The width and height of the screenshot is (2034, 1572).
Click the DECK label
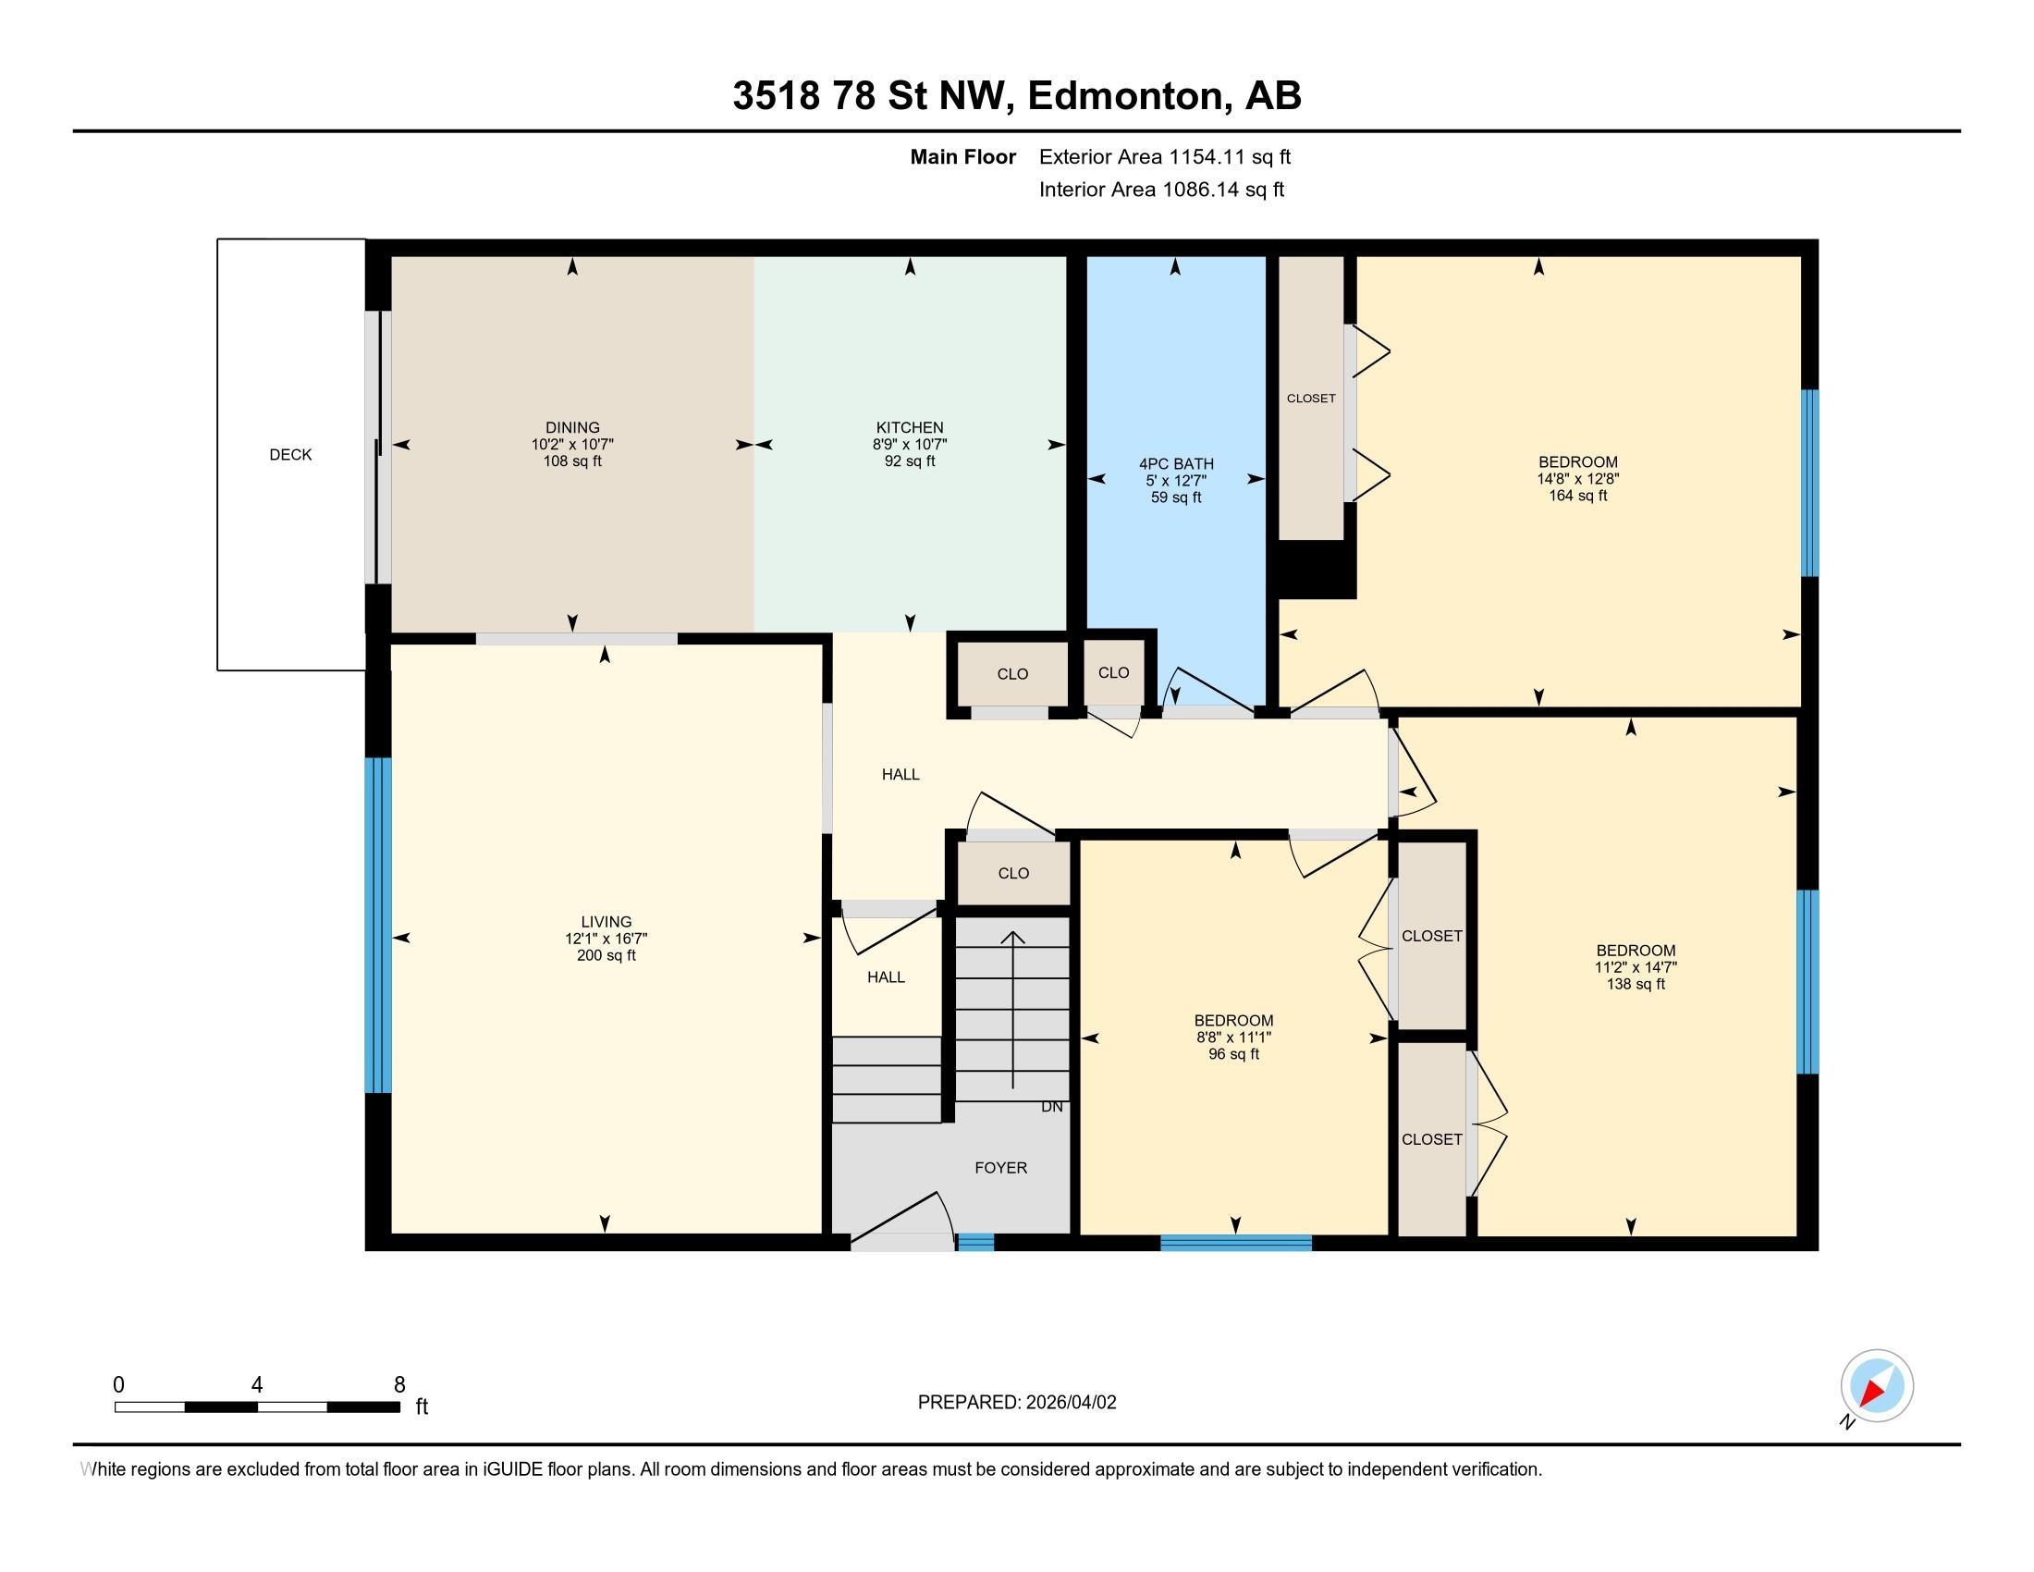click(289, 454)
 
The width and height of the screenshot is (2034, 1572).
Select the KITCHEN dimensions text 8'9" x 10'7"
click(909, 445)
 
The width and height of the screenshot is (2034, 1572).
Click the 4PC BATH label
click(1175, 464)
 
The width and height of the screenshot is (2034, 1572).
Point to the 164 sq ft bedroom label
click(1576, 462)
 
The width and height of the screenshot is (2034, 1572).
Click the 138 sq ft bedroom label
click(1635, 951)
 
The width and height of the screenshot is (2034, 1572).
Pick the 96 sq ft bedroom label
click(1233, 1021)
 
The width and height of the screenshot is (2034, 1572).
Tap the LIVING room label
click(606, 922)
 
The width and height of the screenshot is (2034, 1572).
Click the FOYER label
click(1000, 1168)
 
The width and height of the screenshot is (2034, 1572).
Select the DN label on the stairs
click(1050, 1107)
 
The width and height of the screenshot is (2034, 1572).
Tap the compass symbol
click(1876, 1386)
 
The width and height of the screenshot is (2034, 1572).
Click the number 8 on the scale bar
click(399, 1385)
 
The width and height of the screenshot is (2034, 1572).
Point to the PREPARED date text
click(1016, 1403)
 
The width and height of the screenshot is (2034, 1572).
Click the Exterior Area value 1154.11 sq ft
click(1164, 157)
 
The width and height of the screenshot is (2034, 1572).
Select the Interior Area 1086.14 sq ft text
click(1160, 190)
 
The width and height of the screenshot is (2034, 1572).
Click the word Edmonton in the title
click(1124, 96)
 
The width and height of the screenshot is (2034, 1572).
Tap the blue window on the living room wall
click(377, 924)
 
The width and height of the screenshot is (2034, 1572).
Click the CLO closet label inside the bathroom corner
click(1113, 672)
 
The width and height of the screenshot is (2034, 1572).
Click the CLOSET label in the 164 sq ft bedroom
click(1310, 399)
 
